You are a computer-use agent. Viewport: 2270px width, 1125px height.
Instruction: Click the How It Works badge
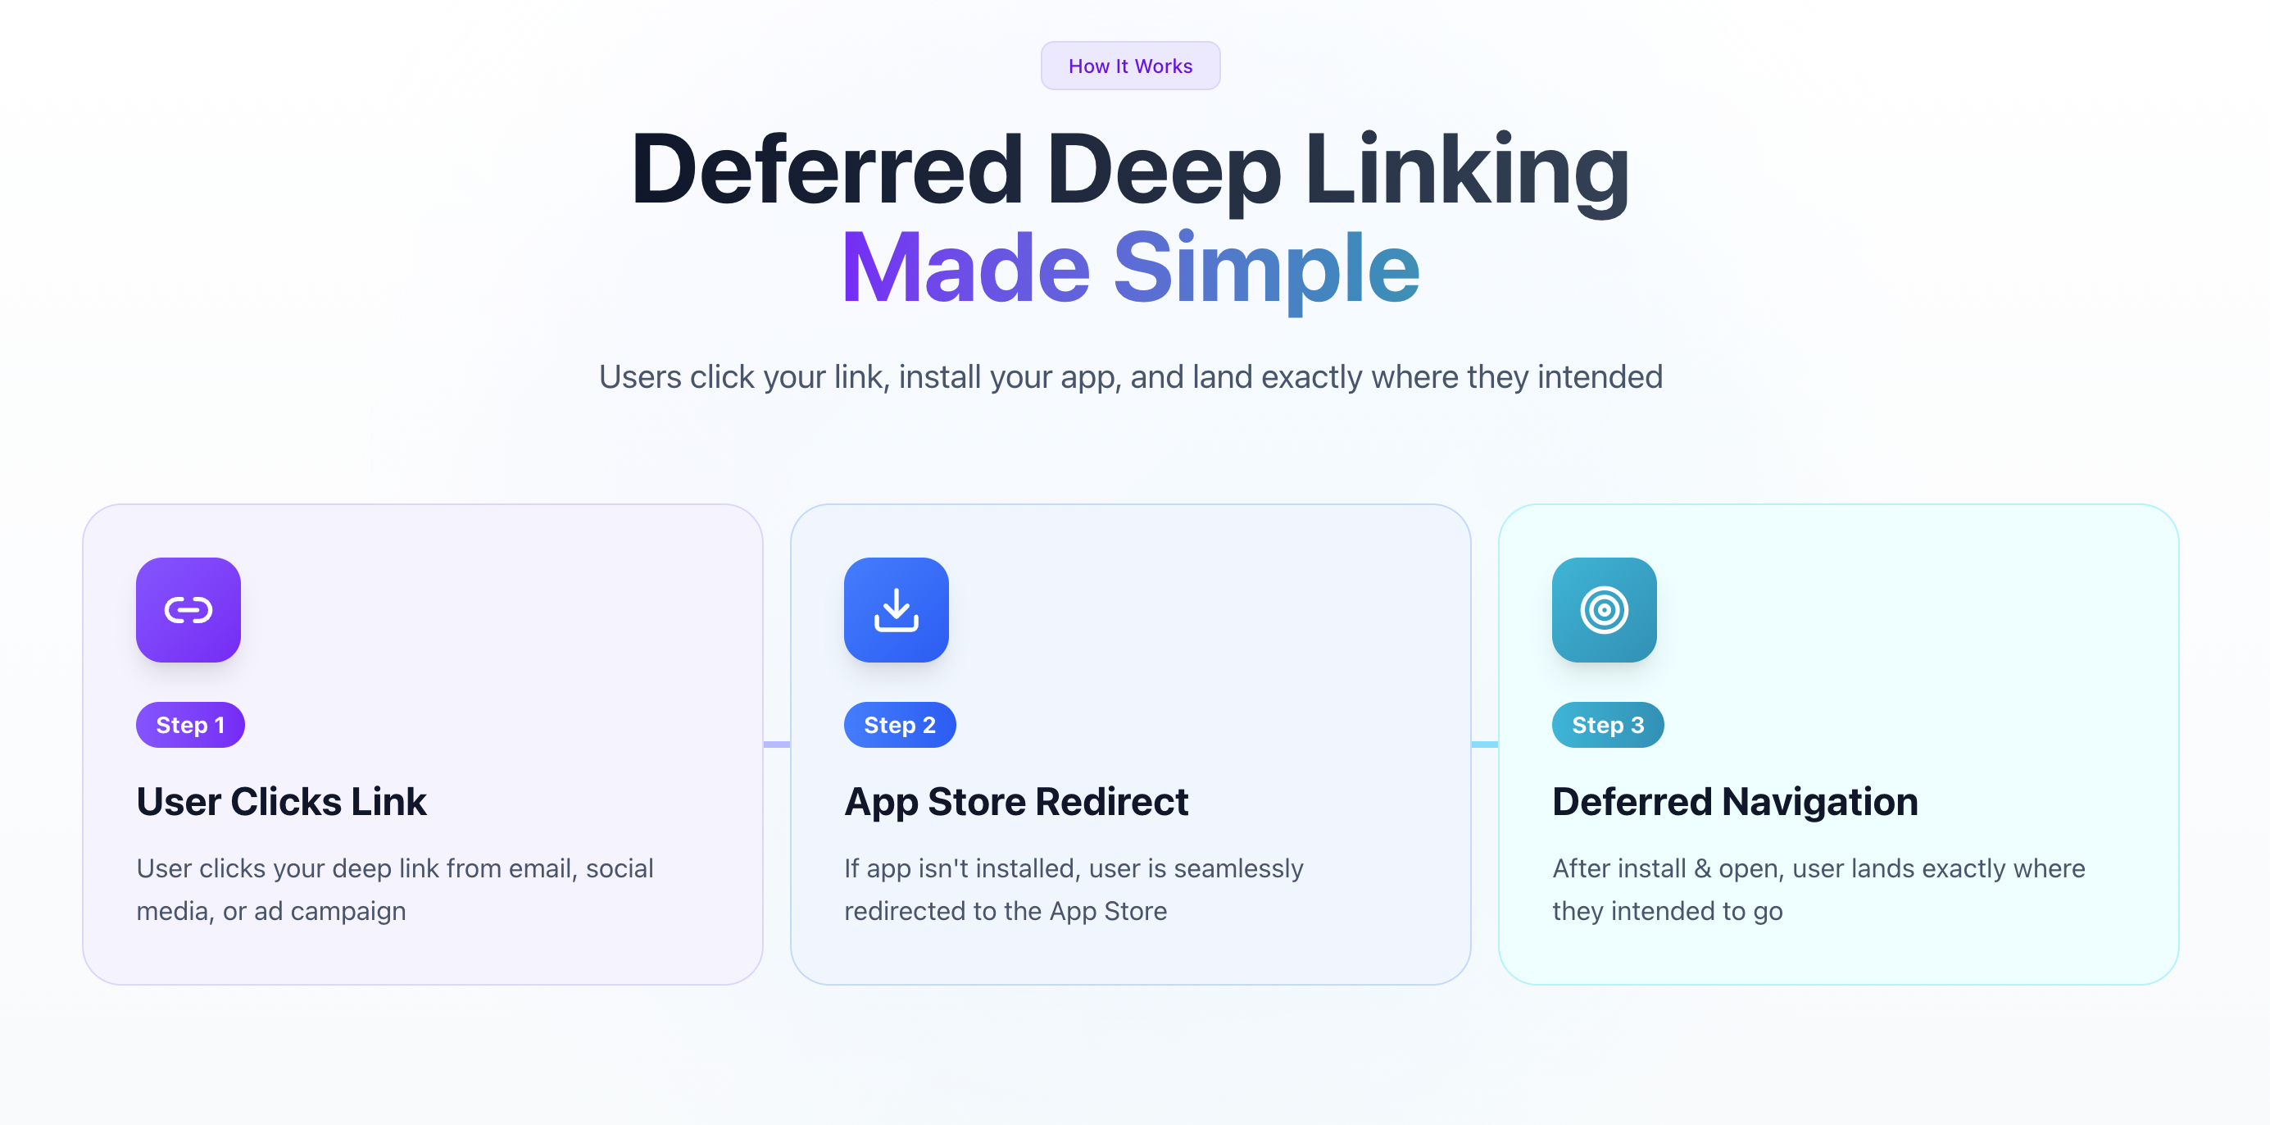click(x=1130, y=66)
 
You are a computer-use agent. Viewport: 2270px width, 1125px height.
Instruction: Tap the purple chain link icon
click(x=188, y=610)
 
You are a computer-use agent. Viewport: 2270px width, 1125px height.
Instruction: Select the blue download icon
click(x=897, y=610)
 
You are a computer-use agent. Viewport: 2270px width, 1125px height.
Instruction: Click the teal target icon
click(x=1604, y=610)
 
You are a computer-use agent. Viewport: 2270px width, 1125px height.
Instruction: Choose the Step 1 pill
click(x=190, y=725)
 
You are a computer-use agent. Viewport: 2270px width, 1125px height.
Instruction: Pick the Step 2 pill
click(x=900, y=725)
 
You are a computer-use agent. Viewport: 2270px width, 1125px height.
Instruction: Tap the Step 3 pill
click(x=1607, y=725)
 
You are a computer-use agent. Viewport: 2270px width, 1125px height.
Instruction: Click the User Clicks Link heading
click(x=281, y=801)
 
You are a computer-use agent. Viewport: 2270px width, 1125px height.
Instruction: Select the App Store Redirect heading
click(x=1016, y=801)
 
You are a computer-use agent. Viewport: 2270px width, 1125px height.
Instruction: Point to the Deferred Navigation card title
click(x=1734, y=801)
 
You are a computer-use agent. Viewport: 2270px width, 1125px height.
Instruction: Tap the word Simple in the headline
click(x=1266, y=267)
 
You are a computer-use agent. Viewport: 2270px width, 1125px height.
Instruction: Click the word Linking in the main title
click(x=1466, y=169)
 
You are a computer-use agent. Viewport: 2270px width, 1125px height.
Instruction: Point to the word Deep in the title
click(x=1163, y=169)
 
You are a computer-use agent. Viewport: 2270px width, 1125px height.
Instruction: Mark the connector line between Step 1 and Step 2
click(x=776, y=744)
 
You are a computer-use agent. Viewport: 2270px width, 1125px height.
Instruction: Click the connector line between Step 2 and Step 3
click(x=1484, y=744)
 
